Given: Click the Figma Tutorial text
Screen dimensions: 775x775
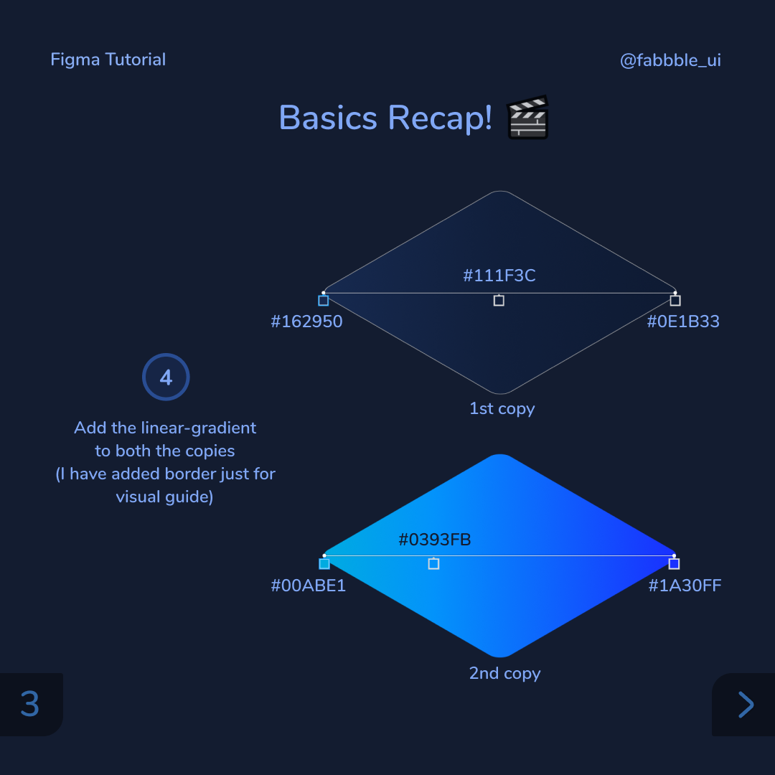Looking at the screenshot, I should click(108, 60).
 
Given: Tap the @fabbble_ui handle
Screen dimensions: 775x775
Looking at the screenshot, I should click(670, 60).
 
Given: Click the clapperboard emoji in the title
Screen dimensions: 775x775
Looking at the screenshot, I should click(527, 118).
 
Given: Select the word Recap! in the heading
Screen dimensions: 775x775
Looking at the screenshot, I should click(440, 118).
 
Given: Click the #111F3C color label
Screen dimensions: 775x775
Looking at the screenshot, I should click(499, 276).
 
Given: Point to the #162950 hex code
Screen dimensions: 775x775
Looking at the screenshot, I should click(306, 321).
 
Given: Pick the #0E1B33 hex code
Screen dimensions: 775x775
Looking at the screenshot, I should click(683, 321).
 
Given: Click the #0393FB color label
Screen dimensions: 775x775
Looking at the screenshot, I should click(435, 540).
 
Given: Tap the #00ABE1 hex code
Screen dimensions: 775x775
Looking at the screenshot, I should click(308, 586).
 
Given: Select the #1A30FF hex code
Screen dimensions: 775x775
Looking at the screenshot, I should click(685, 586).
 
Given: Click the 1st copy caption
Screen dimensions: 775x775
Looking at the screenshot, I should click(502, 409).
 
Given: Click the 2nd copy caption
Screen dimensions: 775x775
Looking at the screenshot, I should click(504, 673).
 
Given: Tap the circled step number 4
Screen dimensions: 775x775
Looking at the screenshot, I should click(166, 377).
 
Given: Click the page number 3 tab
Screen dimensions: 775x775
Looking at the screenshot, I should click(30, 704).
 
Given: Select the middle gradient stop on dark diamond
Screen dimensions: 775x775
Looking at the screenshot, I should click(499, 301).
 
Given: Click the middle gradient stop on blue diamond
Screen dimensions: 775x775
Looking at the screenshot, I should click(433, 564).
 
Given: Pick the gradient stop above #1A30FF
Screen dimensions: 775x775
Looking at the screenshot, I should click(674, 564).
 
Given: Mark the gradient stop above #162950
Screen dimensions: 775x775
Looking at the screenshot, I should click(324, 301).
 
